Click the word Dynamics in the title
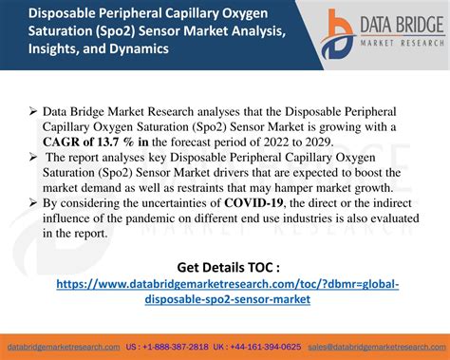point(127,51)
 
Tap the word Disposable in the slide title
point(41,13)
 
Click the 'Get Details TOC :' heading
point(228,265)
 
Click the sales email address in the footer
point(380,347)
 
